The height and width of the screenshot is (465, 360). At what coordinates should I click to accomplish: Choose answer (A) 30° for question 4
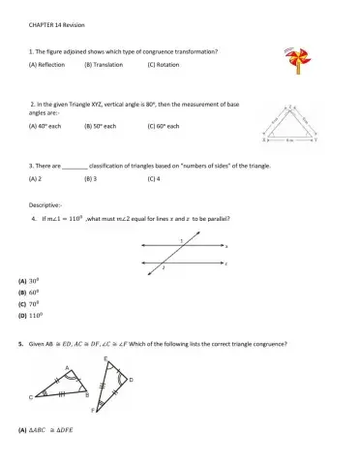coord(28,281)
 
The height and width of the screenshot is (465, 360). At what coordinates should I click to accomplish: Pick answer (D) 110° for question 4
coord(30,315)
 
